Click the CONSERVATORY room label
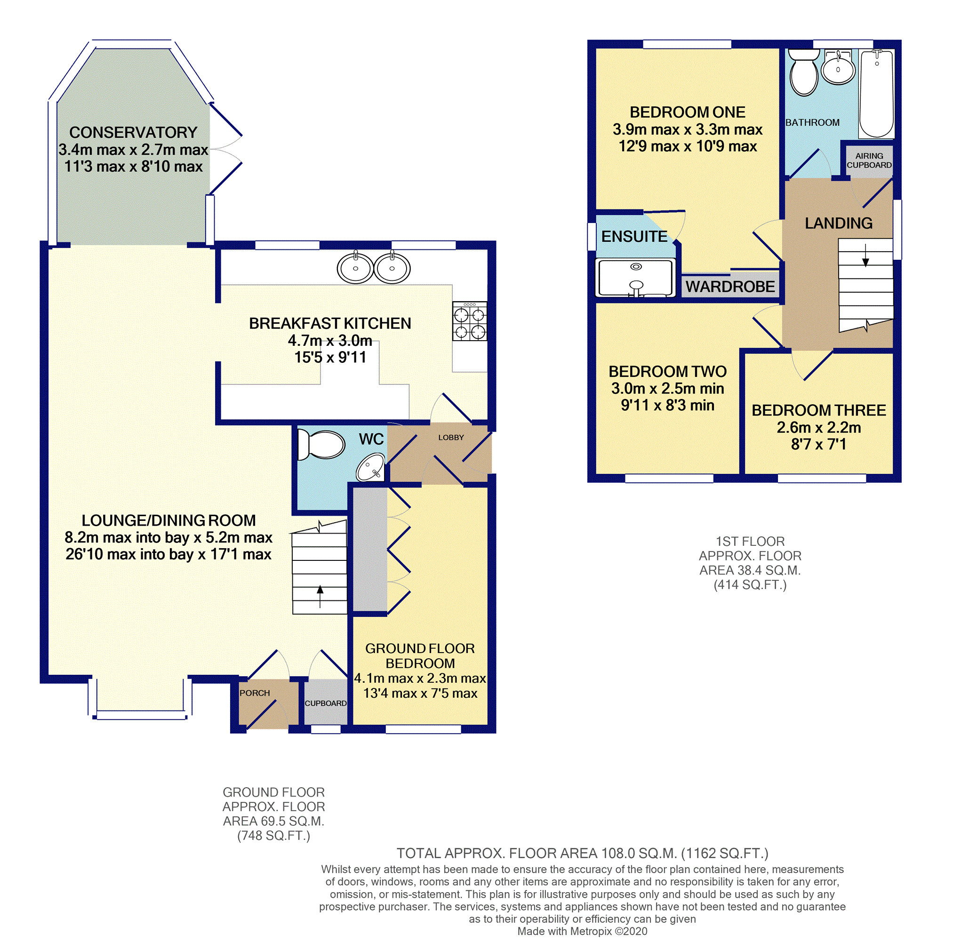coord(133,132)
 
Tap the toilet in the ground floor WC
coord(321,444)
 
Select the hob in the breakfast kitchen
coord(470,321)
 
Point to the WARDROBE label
coord(730,287)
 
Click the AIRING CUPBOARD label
coord(869,160)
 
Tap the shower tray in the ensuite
coord(635,278)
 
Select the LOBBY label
coord(451,438)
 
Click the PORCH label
coord(255,693)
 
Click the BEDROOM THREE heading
coord(819,410)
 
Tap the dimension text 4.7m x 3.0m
coord(330,340)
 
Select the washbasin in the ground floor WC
coord(371,467)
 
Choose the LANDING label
coord(839,224)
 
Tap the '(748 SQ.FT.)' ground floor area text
coord(274,836)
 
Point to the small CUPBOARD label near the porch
coord(326,703)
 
